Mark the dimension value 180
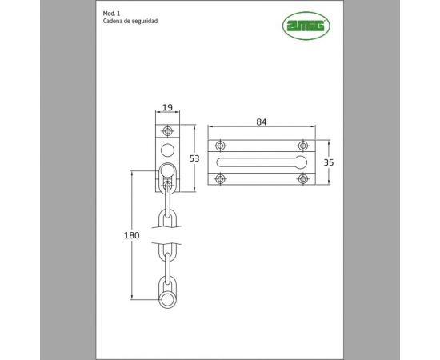133,236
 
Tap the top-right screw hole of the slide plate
302,146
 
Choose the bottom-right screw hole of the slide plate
302,178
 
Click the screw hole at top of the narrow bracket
167,131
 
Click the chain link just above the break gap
167,216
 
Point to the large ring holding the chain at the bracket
167,170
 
